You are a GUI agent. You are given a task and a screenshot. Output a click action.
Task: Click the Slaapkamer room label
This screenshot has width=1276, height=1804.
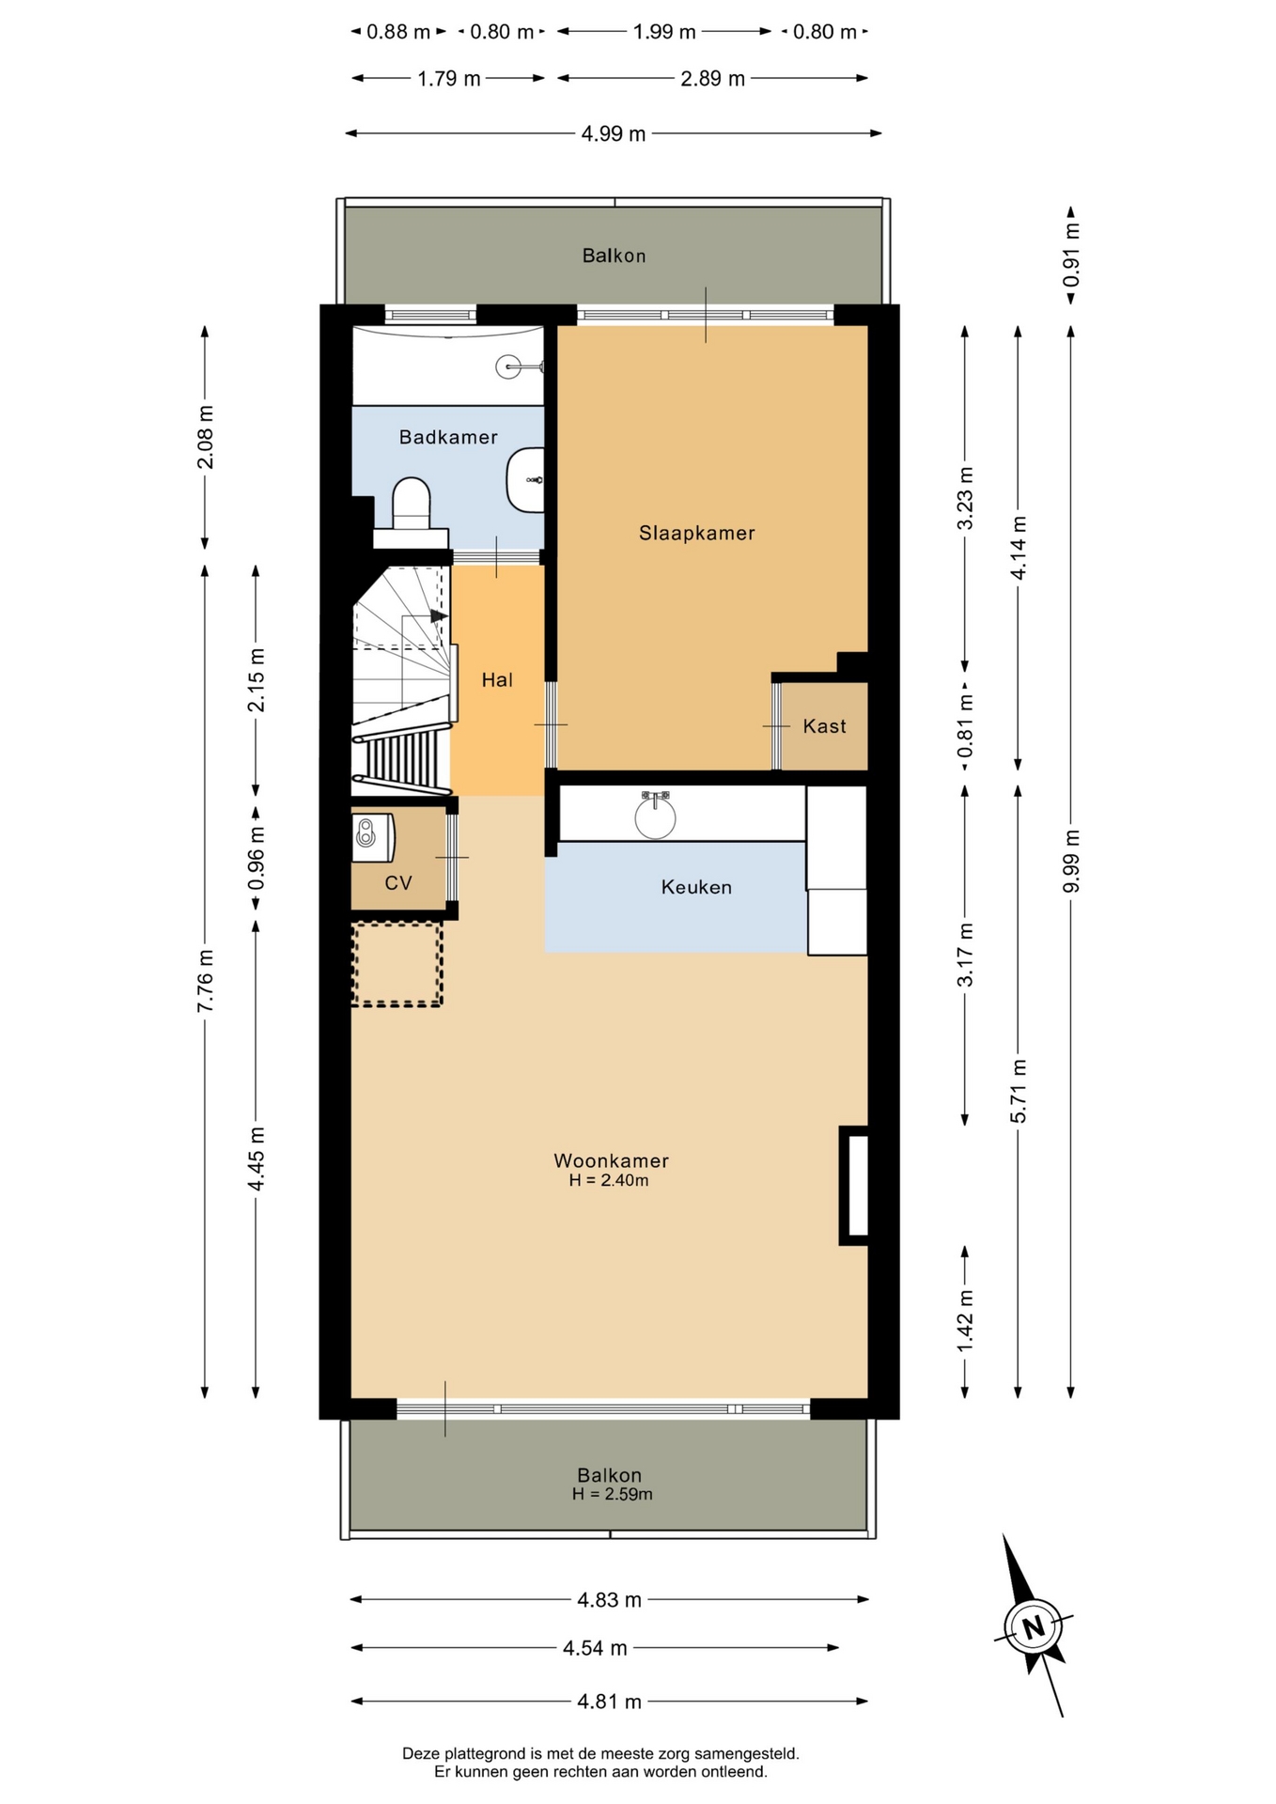click(x=696, y=533)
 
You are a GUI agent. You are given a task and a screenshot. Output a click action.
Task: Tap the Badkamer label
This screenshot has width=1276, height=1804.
click(x=448, y=437)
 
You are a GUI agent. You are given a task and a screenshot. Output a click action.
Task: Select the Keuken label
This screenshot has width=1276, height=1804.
click(x=696, y=887)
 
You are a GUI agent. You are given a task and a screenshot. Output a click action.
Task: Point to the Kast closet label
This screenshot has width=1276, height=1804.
click(x=824, y=726)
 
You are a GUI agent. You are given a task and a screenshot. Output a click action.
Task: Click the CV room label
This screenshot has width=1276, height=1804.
click(x=398, y=883)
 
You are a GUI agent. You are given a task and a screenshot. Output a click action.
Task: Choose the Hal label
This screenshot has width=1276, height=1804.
click(x=497, y=680)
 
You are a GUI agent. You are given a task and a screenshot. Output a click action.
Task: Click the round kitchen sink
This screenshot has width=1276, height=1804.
click(x=655, y=816)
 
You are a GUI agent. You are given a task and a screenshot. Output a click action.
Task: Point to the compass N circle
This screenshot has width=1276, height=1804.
click(x=1034, y=1626)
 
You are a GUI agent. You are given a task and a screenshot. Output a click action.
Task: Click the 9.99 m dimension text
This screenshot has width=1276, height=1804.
click(x=1071, y=863)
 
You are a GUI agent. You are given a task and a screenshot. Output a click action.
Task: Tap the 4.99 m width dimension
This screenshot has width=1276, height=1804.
click(x=614, y=133)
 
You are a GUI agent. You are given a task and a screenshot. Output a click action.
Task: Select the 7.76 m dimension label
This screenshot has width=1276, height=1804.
click(x=206, y=981)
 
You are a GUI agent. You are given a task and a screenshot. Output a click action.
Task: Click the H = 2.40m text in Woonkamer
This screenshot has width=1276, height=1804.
click(x=609, y=1181)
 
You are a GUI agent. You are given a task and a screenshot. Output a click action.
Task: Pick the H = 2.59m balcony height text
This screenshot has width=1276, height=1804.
click(x=613, y=1494)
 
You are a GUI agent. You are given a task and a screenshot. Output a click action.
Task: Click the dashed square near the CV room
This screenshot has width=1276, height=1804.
click(x=397, y=965)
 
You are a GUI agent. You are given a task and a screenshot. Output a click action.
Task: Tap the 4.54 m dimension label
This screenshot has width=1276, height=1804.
click(x=595, y=1648)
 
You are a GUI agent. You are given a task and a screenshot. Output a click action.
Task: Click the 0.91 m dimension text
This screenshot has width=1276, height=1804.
click(x=1071, y=255)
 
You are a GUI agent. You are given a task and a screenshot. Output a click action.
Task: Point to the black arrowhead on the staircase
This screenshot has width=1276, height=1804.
click(x=439, y=616)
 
